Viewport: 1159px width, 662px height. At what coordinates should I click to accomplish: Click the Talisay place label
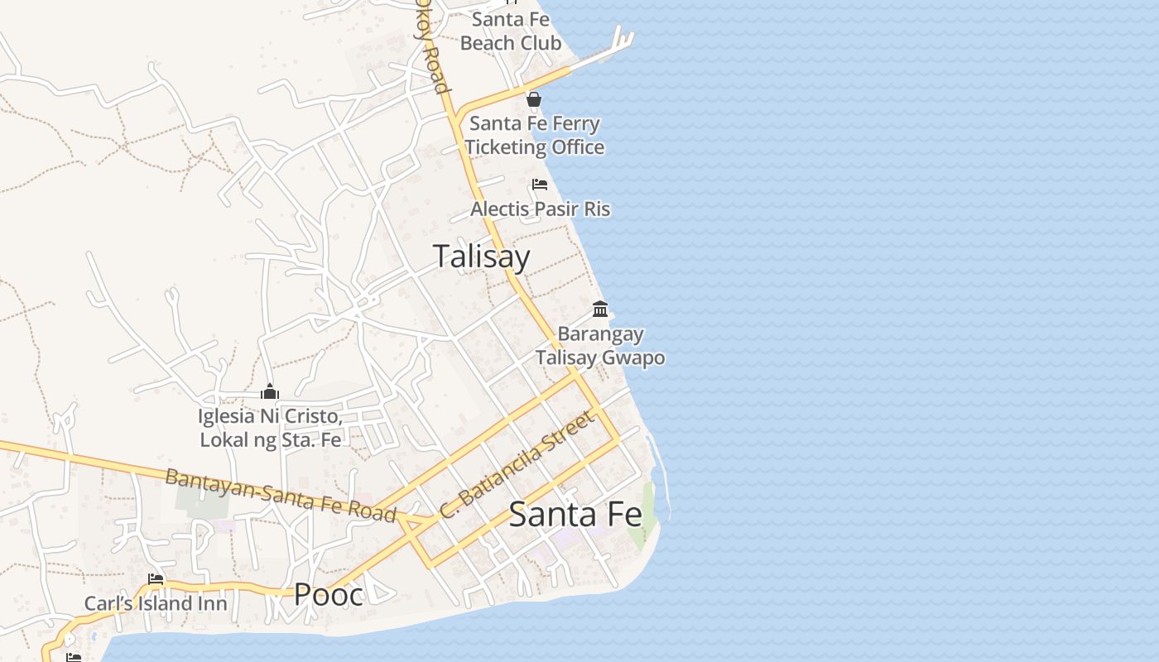coord(481,257)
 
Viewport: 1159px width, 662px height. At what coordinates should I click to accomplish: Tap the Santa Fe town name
coord(575,515)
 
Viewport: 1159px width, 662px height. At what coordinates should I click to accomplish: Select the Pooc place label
coord(329,594)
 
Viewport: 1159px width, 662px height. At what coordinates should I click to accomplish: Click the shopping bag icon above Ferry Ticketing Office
coord(534,100)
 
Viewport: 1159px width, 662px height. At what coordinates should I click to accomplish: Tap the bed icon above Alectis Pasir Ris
coord(540,184)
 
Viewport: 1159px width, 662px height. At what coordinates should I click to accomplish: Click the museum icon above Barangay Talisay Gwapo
coord(600,309)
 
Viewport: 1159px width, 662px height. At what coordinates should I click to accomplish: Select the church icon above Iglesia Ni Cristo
coord(270,391)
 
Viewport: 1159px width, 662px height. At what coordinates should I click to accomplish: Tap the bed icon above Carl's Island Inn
coord(156,579)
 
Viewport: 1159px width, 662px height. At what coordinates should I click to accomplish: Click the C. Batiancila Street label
coord(517,465)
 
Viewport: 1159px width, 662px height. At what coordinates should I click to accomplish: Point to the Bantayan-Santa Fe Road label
coord(281,495)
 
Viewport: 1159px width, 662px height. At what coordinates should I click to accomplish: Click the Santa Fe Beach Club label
coord(511,31)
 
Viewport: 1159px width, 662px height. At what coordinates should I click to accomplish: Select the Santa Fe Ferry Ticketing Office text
coord(534,135)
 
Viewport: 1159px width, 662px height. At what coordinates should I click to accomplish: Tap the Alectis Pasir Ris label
coord(540,209)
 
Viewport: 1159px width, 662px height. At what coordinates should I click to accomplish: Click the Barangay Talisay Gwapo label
coord(600,346)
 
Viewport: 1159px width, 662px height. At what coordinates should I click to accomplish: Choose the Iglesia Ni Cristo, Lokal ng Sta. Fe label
coord(270,428)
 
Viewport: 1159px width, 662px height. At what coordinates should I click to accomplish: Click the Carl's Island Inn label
coord(156,604)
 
